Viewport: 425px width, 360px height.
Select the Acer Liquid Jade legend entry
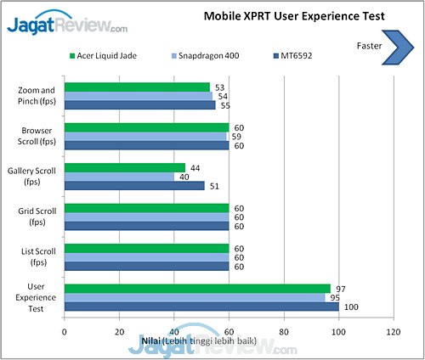tap(106, 56)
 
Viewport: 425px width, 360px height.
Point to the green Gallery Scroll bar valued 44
tap(124, 167)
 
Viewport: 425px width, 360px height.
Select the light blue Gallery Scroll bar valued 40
tap(119, 177)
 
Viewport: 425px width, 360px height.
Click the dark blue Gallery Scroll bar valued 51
tap(134, 186)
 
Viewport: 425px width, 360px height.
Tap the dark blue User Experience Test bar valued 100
tap(201, 307)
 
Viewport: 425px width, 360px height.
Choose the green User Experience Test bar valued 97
tap(197, 289)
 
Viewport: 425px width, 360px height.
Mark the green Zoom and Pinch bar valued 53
tap(137, 87)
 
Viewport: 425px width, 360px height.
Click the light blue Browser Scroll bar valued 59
tap(145, 136)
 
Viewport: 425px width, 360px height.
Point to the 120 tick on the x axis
tap(393, 332)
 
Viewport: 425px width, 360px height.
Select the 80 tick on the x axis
tap(284, 332)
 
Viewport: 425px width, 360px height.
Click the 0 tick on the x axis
tap(65, 332)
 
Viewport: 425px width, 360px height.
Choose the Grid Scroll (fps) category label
tap(37, 217)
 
